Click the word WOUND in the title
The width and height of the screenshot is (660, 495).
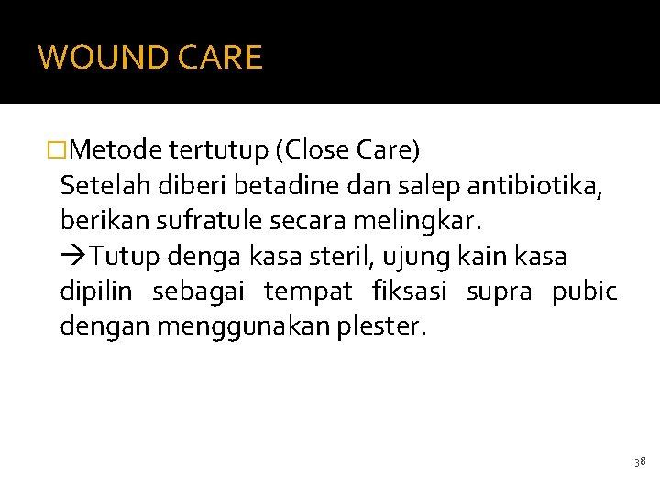click(92, 58)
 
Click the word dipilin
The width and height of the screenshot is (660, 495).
click(95, 292)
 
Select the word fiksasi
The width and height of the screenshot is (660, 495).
click(410, 292)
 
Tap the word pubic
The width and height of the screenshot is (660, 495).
click(584, 292)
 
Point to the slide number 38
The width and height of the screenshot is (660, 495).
click(639, 463)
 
